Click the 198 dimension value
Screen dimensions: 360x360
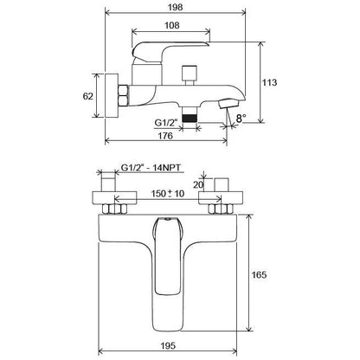coord(176,7)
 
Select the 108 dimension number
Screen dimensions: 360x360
coord(172,25)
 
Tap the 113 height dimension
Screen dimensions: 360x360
coord(269,82)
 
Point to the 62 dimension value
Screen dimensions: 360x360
coord(88,96)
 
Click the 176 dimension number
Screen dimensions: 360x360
coord(165,136)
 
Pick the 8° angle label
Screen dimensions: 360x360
coord(241,119)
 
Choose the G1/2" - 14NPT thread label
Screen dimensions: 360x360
coord(152,168)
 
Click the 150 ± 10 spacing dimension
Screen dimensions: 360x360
coord(168,193)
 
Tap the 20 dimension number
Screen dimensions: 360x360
coord(198,184)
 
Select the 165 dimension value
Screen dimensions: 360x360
coord(259,274)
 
